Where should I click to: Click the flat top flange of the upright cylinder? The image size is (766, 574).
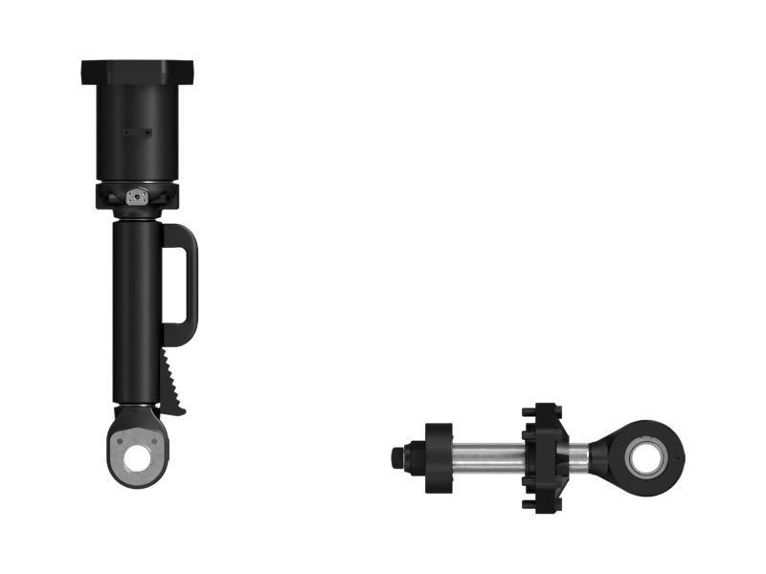tap(137, 70)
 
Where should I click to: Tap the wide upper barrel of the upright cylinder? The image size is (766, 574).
tap(137, 134)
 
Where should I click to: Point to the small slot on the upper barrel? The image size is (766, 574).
tap(138, 132)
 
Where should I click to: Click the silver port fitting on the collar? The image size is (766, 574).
tap(137, 196)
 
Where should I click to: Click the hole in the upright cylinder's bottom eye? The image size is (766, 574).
tap(140, 458)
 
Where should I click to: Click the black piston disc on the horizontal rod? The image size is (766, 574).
tap(439, 458)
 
